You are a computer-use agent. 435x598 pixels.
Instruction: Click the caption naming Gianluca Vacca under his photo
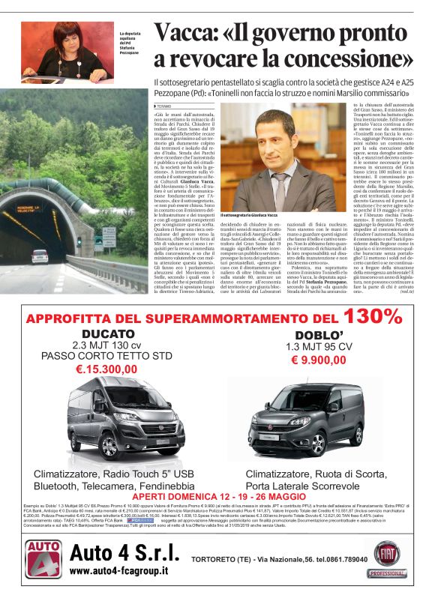256,216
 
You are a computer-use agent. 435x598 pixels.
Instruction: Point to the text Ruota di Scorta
351,474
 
